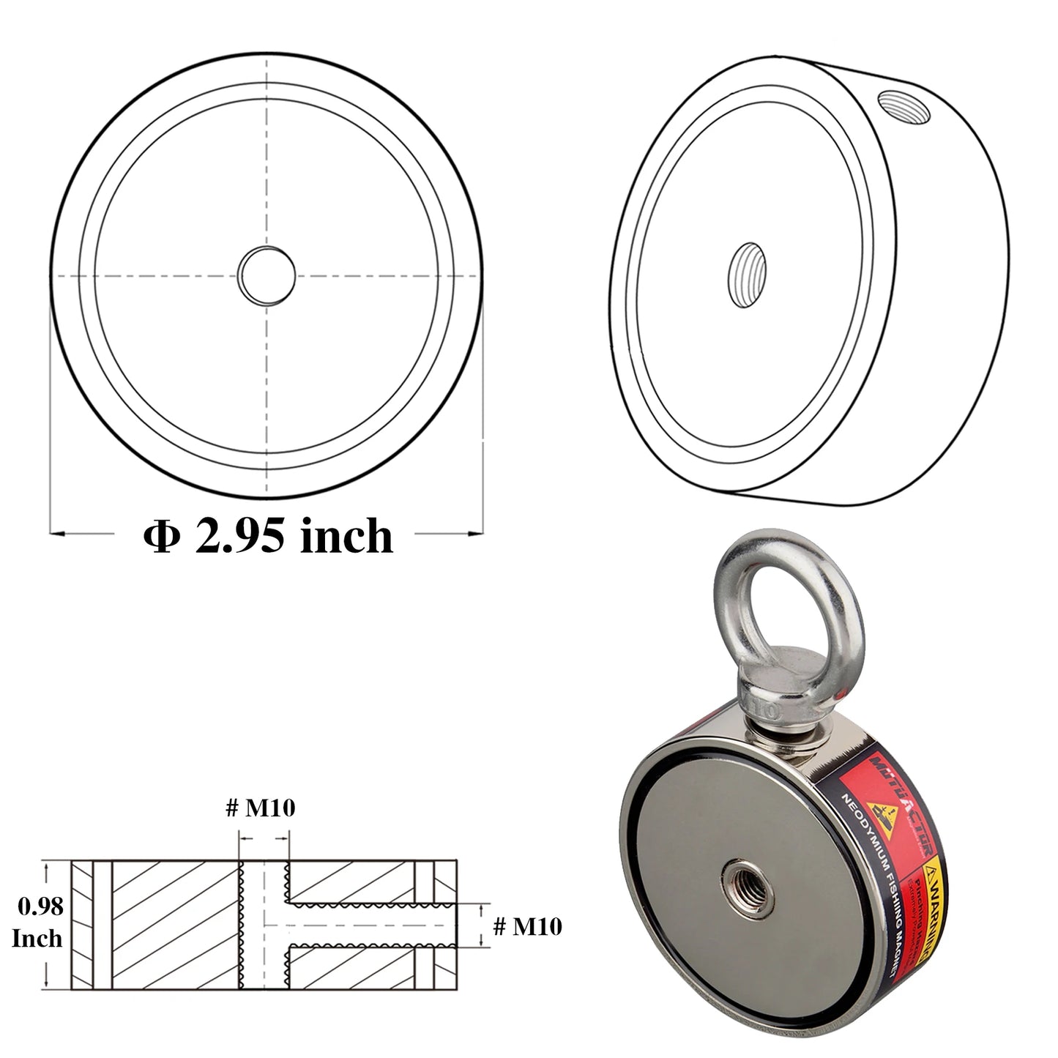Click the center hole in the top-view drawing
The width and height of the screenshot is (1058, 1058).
pos(267,275)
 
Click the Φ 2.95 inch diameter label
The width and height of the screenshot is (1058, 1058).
pos(268,536)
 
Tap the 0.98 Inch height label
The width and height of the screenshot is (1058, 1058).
pos(40,923)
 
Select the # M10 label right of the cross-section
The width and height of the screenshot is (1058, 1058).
pos(528,926)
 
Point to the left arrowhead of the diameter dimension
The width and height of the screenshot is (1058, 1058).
pos(59,532)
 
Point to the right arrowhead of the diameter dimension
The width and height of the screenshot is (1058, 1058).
pos(477,532)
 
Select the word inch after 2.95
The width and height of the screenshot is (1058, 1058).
pos(347,536)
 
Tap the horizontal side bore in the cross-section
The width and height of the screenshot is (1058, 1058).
pos(373,925)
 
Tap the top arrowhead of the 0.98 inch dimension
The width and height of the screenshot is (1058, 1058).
pos(48,868)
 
